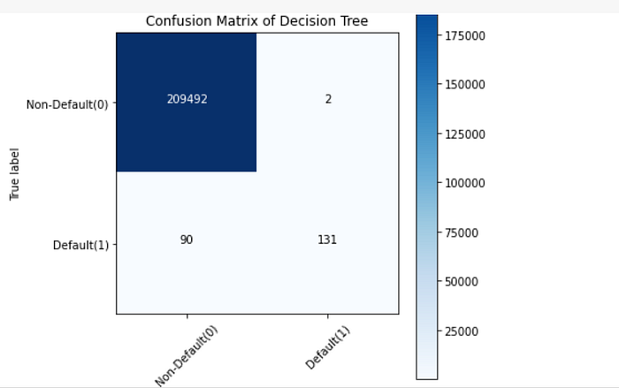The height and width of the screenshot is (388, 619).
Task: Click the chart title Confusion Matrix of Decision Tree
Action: tap(256, 21)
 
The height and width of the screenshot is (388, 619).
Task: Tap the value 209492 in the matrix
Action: tap(187, 99)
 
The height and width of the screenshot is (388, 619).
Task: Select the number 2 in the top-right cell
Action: tap(328, 99)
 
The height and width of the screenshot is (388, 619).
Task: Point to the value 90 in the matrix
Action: tap(187, 240)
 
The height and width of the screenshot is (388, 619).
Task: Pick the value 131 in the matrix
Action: tap(327, 240)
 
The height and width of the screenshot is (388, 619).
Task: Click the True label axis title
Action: tap(14, 174)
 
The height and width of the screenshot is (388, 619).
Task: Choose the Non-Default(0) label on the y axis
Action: tap(67, 104)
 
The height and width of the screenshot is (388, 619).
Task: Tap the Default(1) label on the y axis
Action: tap(80, 245)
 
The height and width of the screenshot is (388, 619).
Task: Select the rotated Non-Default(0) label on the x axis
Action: tap(187, 356)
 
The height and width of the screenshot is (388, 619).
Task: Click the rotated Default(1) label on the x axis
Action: tap(327, 347)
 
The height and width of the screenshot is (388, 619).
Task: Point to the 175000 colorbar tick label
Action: tap(465, 36)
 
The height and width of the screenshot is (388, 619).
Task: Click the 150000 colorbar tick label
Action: tap(465, 85)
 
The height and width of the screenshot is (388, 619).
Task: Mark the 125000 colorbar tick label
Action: tap(465, 134)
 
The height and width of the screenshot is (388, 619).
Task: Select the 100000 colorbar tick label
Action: tap(465, 183)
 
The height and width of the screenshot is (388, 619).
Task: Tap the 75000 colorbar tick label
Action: tap(462, 232)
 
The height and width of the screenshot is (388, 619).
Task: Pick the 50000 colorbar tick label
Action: tap(462, 281)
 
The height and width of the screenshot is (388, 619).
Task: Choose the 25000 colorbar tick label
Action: tap(462, 331)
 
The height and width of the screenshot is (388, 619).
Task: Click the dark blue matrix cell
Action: tap(187, 103)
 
